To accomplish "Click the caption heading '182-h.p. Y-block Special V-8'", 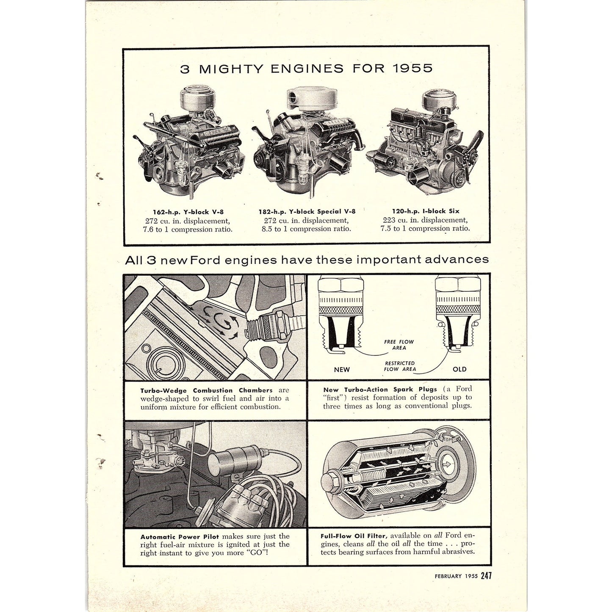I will (307, 211).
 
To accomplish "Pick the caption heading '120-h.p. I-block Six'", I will (425, 211).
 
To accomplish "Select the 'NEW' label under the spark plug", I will (342, 369).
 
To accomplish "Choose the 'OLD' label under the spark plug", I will (460, 369).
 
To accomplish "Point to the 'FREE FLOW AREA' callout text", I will (399, 345).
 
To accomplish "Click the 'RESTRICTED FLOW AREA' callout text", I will (400, 366).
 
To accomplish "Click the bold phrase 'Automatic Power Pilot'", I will (180, 537).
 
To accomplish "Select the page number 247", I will (486, 576).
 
